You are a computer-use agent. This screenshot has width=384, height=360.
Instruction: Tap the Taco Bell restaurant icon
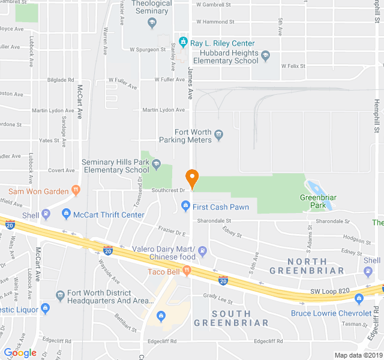click(x=187, y=272)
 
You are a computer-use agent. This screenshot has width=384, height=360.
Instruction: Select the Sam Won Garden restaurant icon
click(x=76, y=191)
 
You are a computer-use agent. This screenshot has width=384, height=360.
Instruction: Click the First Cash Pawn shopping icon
click(x=185, y=207)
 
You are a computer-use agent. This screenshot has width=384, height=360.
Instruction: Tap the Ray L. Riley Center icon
click(x=182, y=43)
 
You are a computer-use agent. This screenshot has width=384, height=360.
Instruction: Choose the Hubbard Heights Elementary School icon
click(x=266, y=56)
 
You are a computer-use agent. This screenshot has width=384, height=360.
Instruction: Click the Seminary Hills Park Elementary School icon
click(x=156, y=164)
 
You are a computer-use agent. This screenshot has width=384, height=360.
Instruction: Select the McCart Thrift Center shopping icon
click(x=66, y=214)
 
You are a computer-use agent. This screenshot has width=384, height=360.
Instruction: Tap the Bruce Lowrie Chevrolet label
click(x=331, y=313)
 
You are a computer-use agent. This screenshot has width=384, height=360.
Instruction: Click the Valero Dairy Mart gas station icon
click(x=203, y=251)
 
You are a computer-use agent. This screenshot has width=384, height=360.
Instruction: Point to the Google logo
click(x=20, y=353)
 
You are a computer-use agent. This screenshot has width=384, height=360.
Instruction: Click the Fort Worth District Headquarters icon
click(x=60, y=296)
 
